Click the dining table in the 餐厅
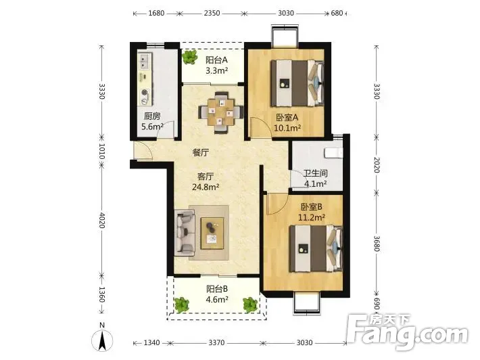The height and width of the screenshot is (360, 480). [220, 112]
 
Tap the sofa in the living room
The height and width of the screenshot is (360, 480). [185, 233]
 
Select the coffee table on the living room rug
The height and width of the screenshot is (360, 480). [212, 233]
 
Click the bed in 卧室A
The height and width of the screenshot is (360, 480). [297, 83]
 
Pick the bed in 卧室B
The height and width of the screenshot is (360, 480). [316, 248]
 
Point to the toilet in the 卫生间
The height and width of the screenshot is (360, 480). [334, 152]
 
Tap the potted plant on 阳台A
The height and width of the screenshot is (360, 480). [190, 57]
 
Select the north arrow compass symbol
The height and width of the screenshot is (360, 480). [102, 337]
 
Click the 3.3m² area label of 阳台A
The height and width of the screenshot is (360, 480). [217, 71]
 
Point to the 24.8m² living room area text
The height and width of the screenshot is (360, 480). [206, 187]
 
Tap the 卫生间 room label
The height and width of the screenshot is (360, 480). [315, 173]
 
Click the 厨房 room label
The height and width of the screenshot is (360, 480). [152, 116]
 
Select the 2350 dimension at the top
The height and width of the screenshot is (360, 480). [212, 13]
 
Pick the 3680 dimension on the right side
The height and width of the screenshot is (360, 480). [377, 244]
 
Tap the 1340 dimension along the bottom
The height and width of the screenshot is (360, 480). [151, 342]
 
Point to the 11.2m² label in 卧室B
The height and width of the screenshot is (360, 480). [312, 217]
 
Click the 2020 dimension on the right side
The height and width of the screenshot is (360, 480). [377, 165]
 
